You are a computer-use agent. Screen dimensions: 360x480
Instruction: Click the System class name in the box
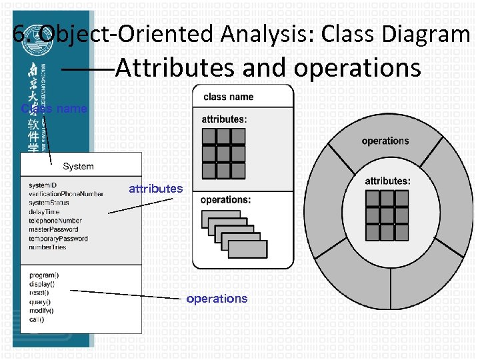click(78, 166)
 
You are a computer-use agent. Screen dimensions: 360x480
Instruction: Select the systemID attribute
click(43, 185)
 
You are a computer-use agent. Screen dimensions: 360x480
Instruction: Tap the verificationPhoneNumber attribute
click(66, 194)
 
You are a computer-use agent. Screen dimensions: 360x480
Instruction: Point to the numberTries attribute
click(47, 247)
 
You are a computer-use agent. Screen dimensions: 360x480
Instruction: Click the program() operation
click(44, 275)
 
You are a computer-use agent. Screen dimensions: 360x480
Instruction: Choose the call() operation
click(37, 319)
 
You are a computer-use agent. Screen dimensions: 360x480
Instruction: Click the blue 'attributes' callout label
click(155, 189)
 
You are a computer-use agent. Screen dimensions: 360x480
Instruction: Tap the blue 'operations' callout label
click(217, 299)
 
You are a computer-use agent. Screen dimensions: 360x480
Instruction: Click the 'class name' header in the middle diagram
click(229, 97)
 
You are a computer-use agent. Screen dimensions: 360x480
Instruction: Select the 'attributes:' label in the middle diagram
click(224, 119)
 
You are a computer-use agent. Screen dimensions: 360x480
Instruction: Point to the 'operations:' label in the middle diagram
click(225, 199)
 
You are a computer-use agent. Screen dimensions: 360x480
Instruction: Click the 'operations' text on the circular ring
click(385, 141)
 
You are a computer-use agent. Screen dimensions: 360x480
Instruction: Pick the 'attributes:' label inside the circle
click(387, 181)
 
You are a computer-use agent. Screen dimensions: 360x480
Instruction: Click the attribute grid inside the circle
click(387, 215)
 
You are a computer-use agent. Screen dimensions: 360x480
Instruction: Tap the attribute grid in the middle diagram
click(225, 153)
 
